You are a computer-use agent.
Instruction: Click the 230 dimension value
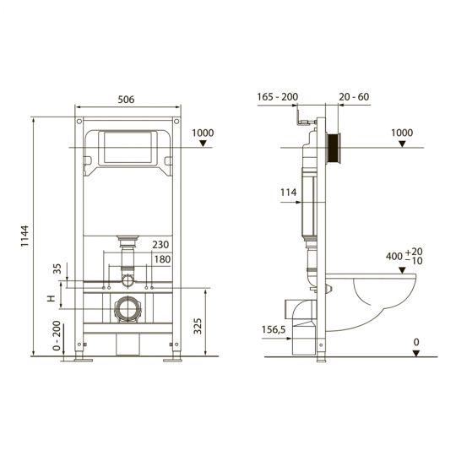click(x=160, y=246)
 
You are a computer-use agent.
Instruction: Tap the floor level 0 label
click(x=415, y=340)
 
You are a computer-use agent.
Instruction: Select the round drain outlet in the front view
click(x=128, y=308)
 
